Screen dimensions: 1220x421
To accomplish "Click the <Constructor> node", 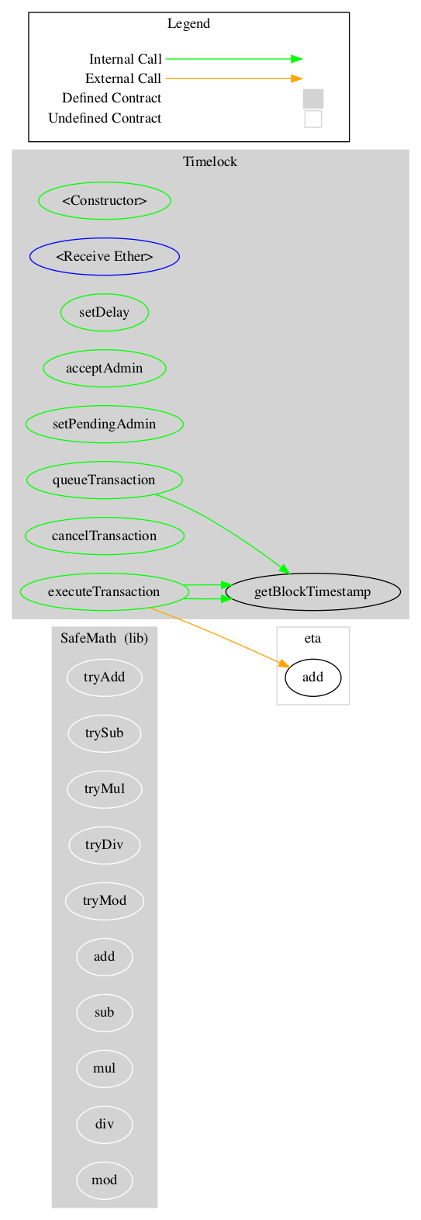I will click(x=105, y=201).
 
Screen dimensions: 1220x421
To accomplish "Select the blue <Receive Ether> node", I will click(x=105, y=257).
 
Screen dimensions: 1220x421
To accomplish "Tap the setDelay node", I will click(x=105, y=313).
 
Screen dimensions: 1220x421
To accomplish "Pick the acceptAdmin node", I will click(x=105, y=368).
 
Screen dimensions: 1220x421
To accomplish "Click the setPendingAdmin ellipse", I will click(x=105, y=424).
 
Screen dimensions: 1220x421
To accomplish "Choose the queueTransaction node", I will click(x=105, y=480).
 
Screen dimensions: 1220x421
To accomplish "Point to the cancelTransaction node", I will click(x=105, y=535).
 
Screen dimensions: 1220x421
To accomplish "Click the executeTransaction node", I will click(x=105, y=591).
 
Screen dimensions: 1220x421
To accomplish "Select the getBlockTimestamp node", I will click(x=312, y=591).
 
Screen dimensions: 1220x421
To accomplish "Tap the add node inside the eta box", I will click(x=312, y=677).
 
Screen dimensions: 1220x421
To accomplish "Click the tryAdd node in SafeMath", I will click(x=105, y=677).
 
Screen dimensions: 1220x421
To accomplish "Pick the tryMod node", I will click(x=105, y=900).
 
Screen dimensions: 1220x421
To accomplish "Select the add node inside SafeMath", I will click(x=105, y=956).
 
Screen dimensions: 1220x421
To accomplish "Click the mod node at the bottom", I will click(x=105, y=1180).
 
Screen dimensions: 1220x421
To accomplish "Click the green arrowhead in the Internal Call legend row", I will click(x=296, y=59).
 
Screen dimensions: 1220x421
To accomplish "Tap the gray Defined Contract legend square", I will click(x=312, y=99).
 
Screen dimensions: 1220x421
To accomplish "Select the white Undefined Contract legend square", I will click(x=312, y=119).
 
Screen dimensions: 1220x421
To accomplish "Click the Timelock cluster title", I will click(x=210, y=161).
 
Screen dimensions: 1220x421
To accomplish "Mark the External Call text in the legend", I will click(x=123, y=78).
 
